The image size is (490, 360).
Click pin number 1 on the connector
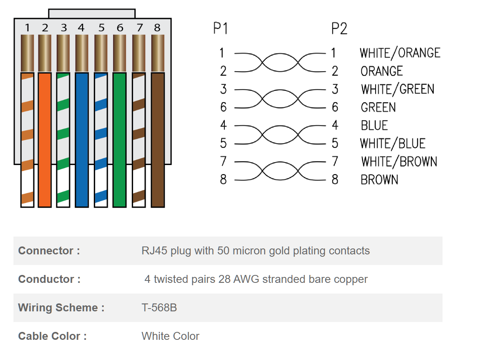pos(27,28)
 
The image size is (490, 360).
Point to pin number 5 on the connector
pos(101,28)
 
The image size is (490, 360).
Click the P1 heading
pos(220,28)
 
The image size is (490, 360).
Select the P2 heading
pos(339,28)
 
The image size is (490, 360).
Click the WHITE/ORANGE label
pos(400,53)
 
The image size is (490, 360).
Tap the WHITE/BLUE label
pos(393,144)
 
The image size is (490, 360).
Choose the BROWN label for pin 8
pos(379,180)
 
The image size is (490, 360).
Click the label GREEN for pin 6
pos(378,107)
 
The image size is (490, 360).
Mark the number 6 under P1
pos(224,107)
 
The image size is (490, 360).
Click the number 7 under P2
pos(335,161)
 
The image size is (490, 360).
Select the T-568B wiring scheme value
pos(159,307)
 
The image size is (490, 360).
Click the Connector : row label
pos(49,251)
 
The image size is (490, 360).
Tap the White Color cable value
pos(170,336)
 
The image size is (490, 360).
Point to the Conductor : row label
pos(49,279)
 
